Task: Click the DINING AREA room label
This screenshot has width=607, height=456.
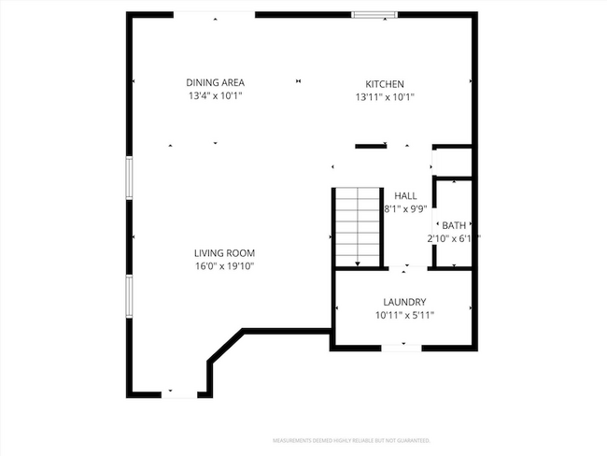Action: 215,83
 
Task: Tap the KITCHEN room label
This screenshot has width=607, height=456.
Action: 384,83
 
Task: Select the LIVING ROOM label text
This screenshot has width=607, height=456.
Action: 224,253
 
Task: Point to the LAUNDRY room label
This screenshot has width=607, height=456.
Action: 404,302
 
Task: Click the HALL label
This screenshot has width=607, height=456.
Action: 405,195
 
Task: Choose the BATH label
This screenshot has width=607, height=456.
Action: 454,225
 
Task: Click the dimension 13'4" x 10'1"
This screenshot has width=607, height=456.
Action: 215,96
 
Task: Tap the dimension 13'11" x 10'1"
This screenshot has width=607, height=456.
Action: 384,96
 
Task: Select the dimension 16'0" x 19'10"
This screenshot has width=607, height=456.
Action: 224,266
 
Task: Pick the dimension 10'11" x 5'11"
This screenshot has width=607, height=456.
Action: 404,315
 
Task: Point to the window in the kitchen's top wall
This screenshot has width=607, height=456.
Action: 374,14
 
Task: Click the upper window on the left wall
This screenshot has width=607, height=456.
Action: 130,177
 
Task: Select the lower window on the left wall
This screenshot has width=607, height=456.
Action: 130,296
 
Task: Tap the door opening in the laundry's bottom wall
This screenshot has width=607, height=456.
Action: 403,348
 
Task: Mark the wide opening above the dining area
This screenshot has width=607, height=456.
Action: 215,15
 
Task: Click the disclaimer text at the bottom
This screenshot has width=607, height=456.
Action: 351,439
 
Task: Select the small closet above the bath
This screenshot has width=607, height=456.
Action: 455,163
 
